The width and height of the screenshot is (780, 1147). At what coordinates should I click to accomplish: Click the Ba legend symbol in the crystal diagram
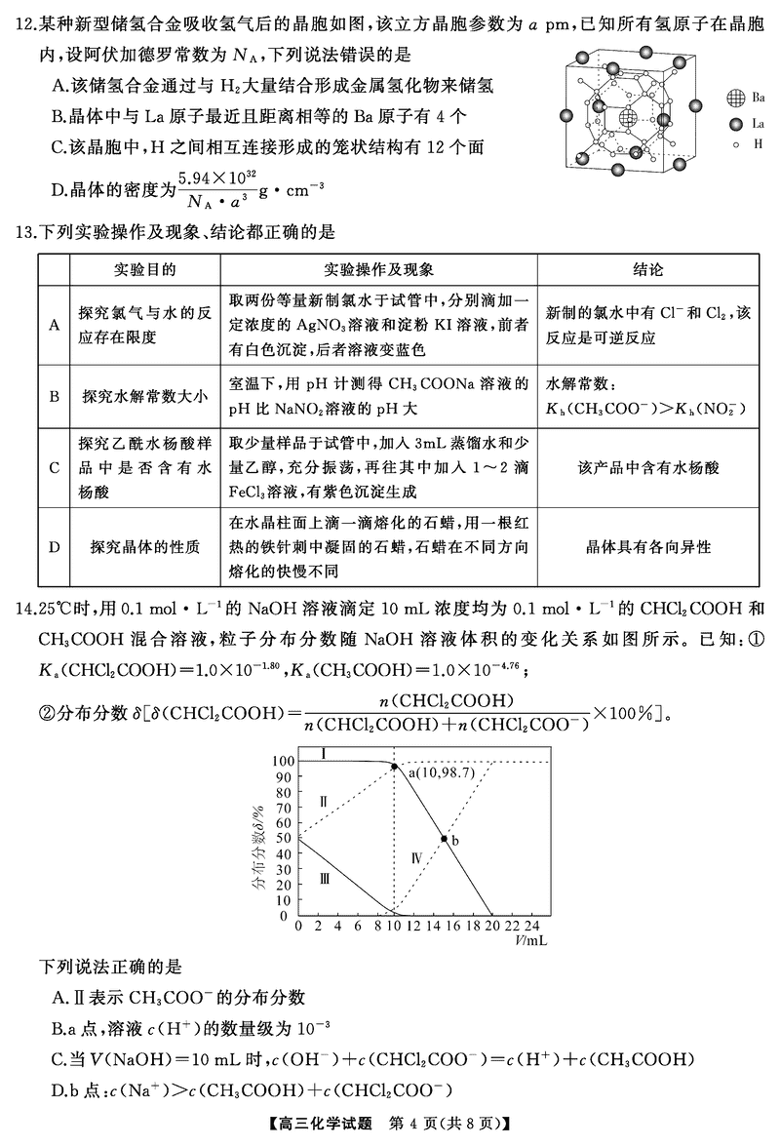pyautogui.click(x=735, y=97)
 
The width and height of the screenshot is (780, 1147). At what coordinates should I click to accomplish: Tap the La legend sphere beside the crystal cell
pyautogui.click(x=735, y=124)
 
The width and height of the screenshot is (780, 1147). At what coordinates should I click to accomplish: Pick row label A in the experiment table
pyautogui.click(x=55, y=325)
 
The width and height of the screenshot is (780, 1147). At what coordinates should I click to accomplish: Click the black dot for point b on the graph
pyautogui.click(x=444, y=839)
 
